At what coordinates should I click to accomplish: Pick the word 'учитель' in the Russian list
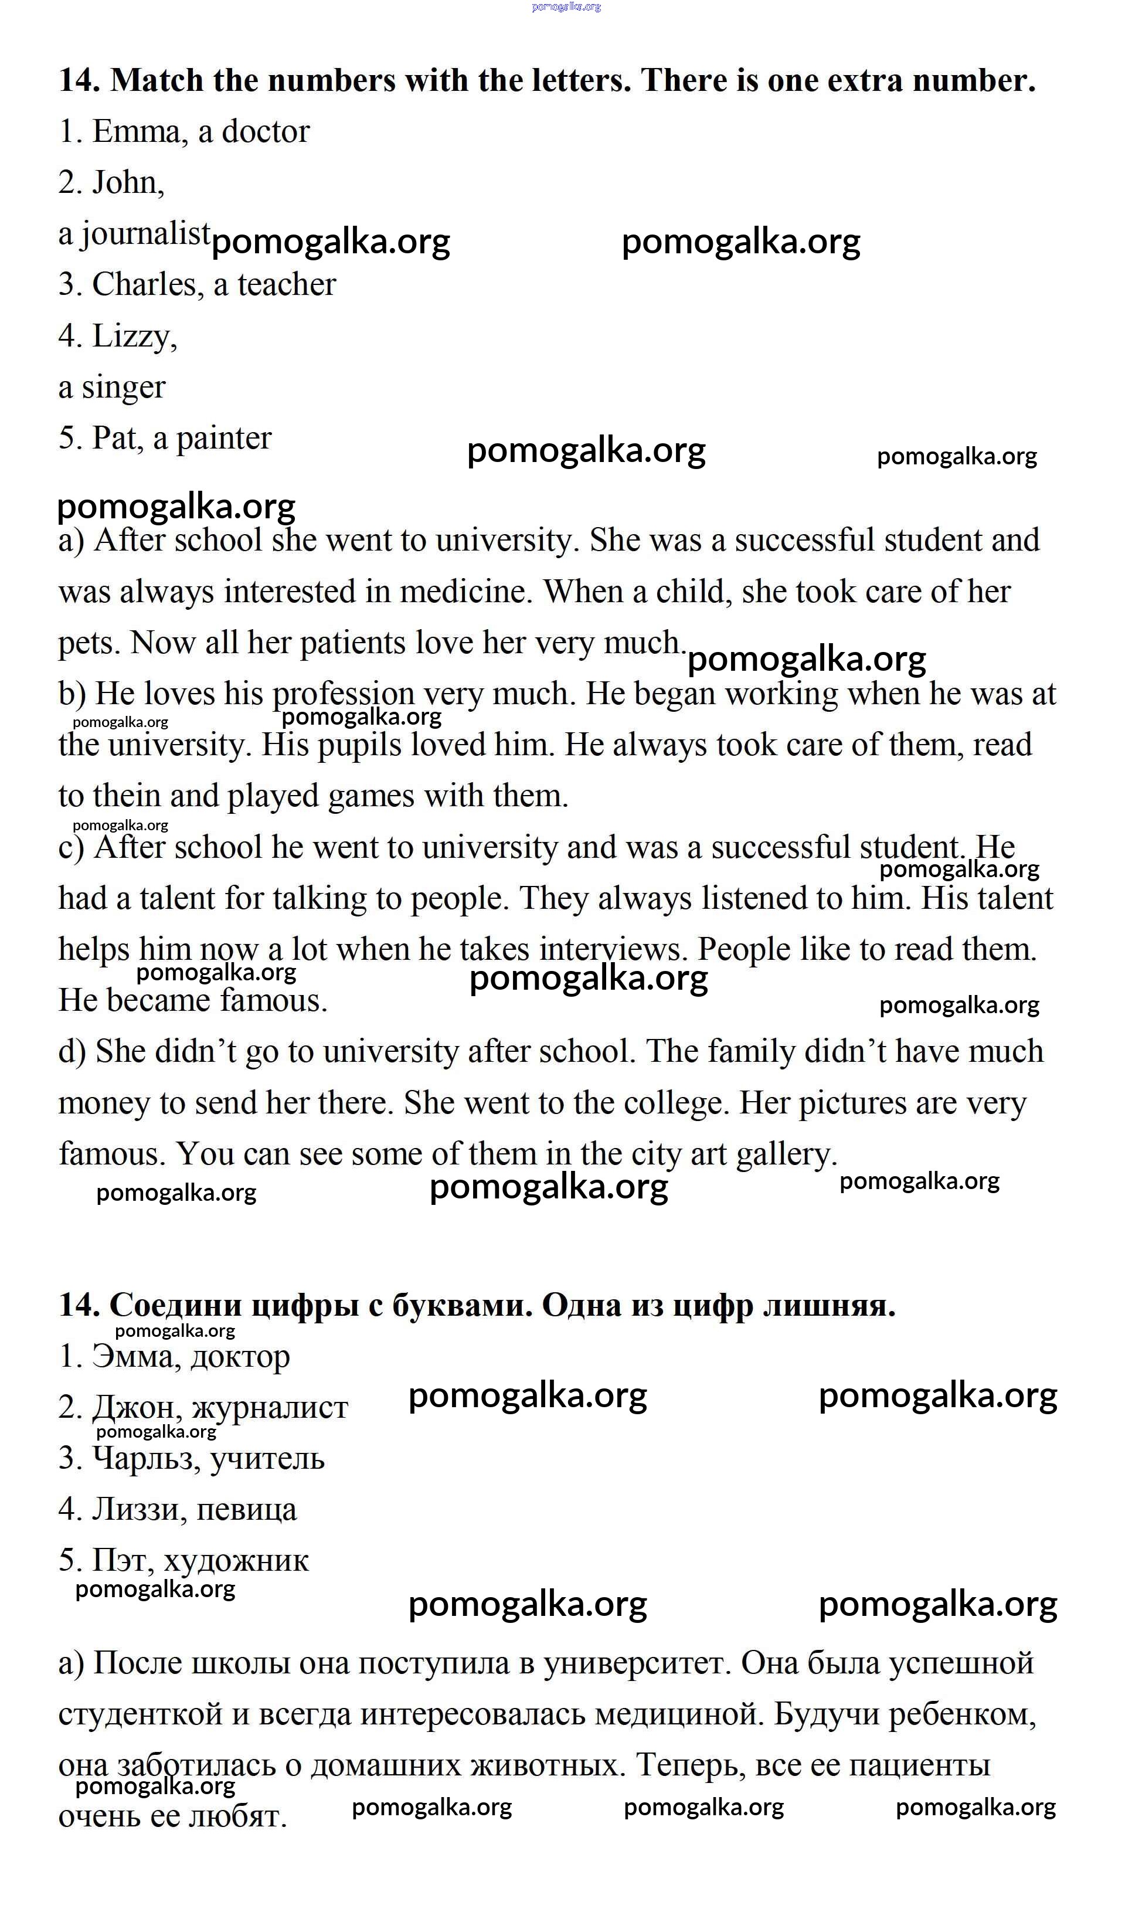[x=267, y=1458]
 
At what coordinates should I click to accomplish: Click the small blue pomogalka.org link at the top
[x=566, y=7]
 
